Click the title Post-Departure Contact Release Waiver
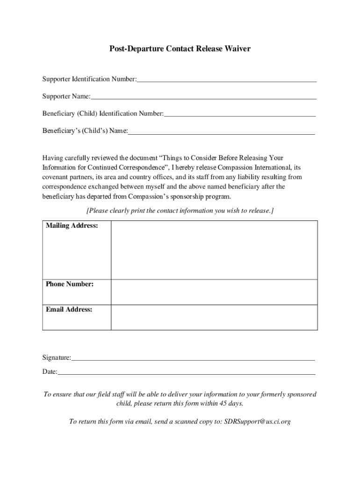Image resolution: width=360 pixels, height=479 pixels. [180, 48]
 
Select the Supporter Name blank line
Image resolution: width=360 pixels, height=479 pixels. [204, 98]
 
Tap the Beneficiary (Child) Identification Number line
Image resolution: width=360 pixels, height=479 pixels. [240, 115]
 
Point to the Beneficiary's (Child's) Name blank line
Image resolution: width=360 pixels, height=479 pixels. [221, 133]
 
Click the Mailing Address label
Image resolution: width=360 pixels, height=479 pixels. [72, 226]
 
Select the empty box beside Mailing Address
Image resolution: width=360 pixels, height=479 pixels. [214, 250]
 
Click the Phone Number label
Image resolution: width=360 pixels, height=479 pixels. [70, 284]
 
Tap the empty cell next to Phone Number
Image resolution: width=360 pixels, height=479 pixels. [214, 292]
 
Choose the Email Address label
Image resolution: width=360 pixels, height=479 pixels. [69, 309]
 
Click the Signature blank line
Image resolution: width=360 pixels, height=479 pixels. [193, 359]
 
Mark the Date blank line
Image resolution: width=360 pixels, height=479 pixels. [186, 373]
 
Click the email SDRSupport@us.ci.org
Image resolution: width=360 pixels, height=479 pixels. [257, 421]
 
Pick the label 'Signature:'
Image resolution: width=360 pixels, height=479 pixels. [57, 358]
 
